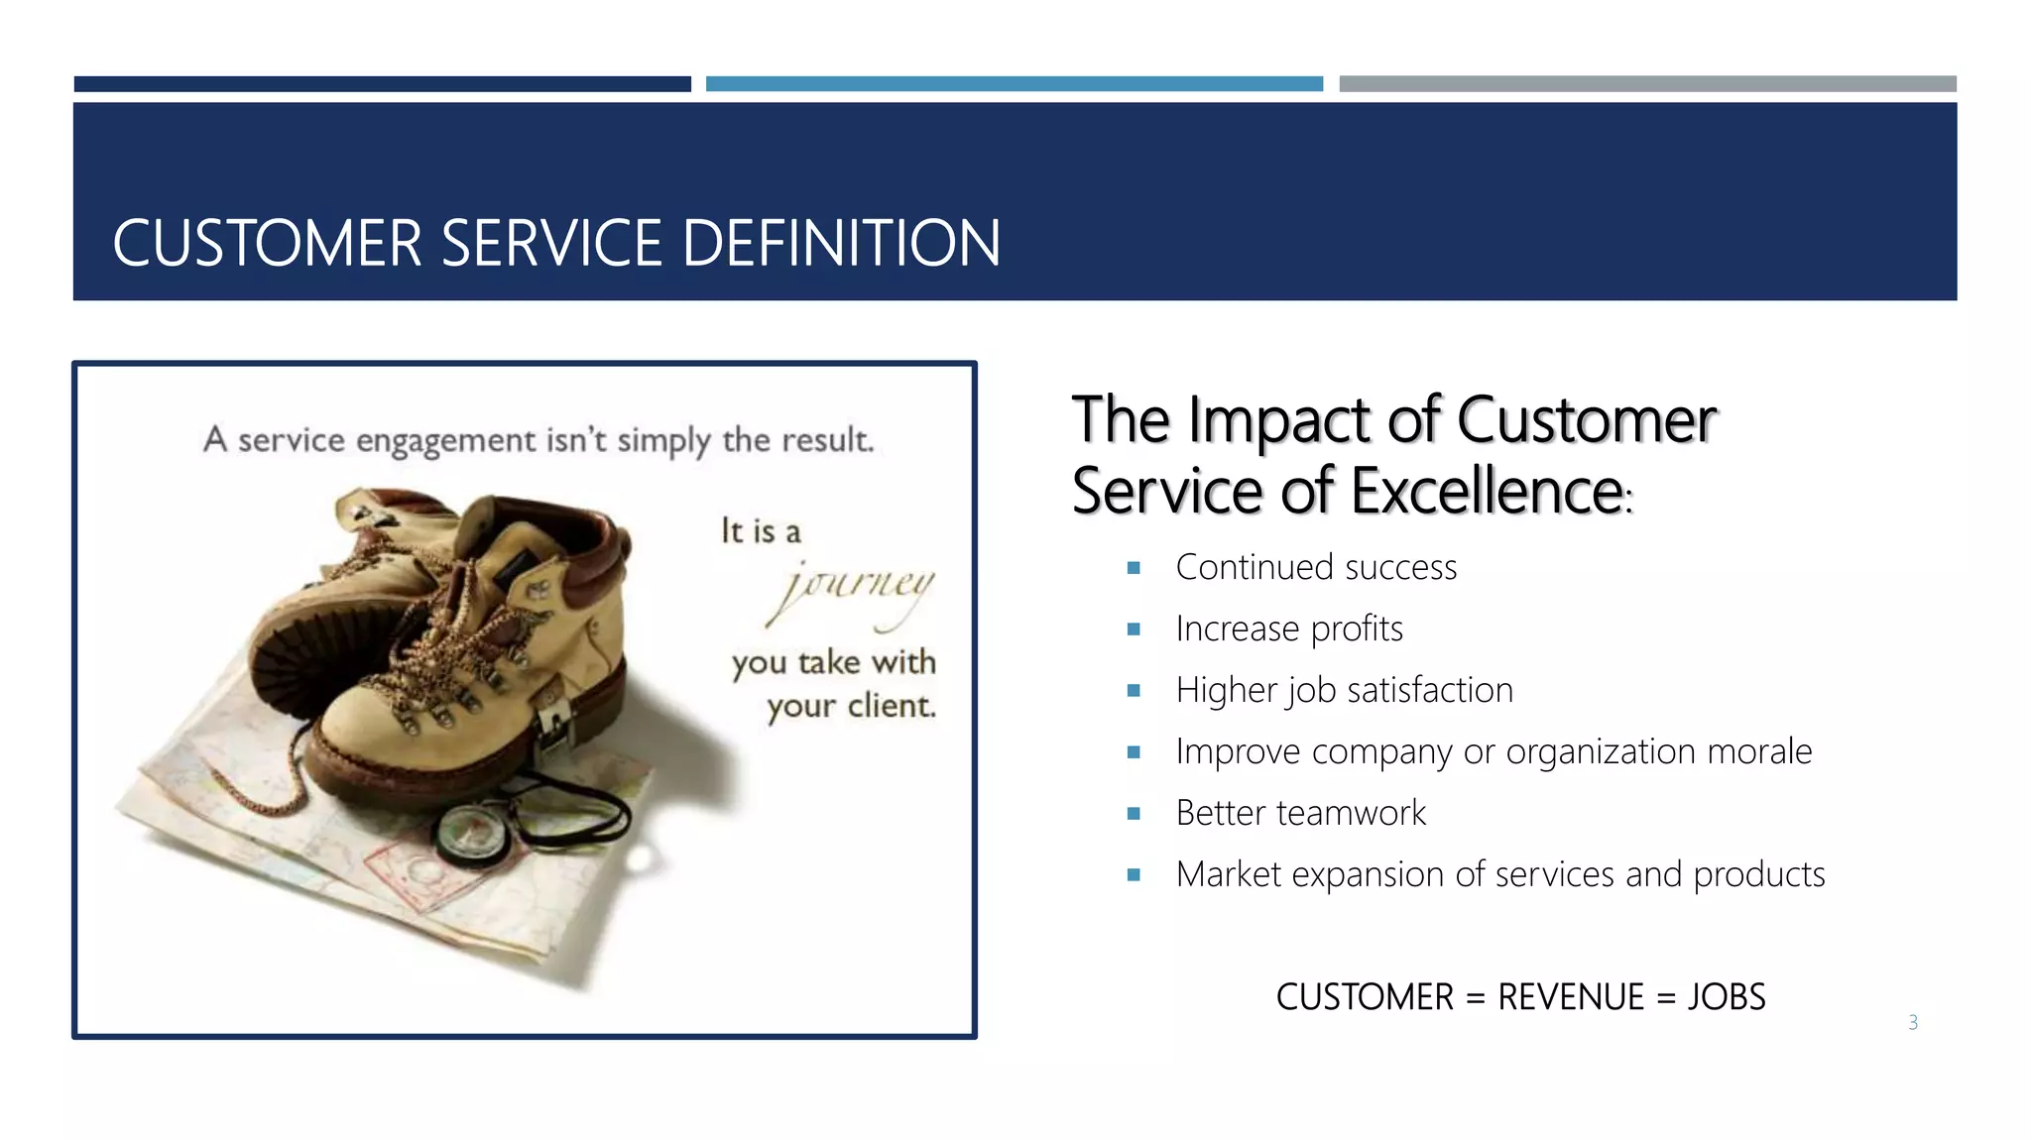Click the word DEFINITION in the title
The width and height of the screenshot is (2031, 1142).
click(841, 244)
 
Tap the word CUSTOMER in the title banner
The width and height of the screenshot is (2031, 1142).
click(268, 244)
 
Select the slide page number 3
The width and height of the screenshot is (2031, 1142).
click(1913, 1022)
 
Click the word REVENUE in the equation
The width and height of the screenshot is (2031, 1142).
click(1571, 997)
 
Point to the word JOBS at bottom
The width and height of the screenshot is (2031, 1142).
click(1727, 997)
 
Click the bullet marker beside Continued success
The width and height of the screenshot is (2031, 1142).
click(1134, 568)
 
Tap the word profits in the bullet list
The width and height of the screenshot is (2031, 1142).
click(1357, 629)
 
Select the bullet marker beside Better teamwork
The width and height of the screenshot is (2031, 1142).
click(1134, 814)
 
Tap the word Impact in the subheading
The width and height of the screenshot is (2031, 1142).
click(1279, 420)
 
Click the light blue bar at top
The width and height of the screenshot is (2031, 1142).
click(1014, 84)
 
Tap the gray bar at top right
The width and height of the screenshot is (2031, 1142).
click(1647, 84)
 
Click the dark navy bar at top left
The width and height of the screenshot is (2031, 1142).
click(382, 84)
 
